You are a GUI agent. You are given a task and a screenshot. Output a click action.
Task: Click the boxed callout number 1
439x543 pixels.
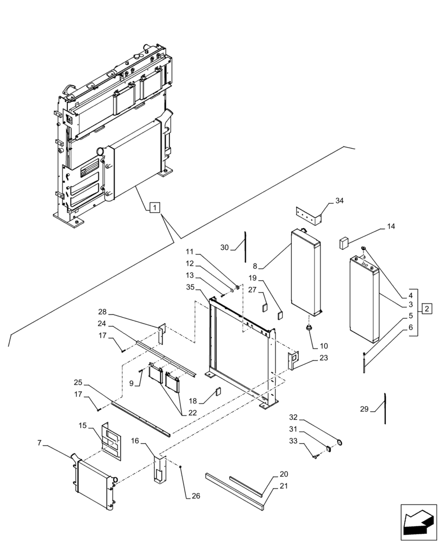pyautogui.click(x=155, y=207)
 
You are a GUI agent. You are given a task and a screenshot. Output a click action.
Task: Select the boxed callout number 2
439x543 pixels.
pyautogui.click(x=428, y=309)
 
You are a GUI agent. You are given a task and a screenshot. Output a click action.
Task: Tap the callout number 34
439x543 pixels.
pyautogui.click(x=340, y=201)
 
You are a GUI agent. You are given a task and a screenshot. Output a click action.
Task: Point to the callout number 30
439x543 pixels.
pyautogui.click(x=224, y=247)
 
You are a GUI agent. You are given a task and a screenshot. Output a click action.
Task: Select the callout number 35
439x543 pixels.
pyautogui.click(x=190, y=287)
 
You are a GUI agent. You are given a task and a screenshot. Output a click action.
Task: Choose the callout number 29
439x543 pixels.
pyautogui.click(x=365, y=409)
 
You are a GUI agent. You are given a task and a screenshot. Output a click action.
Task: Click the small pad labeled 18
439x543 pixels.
pyautogui.click(x=218, y=391)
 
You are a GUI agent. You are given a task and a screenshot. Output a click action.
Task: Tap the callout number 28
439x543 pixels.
pyautogui.click(x=103, y=312)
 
